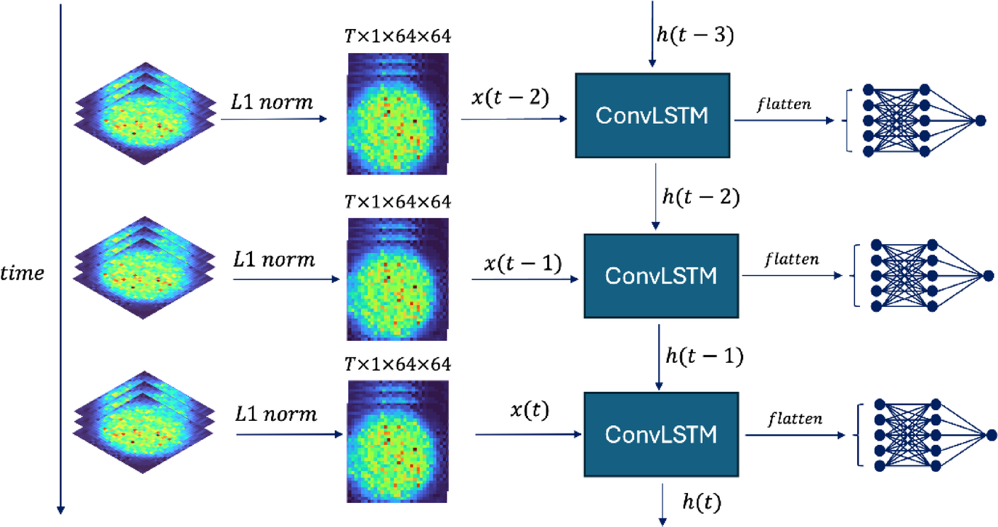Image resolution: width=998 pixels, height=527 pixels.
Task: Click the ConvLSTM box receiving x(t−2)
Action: tap(652, 115)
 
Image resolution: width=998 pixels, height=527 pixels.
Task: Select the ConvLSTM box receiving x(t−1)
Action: tap(659, 275)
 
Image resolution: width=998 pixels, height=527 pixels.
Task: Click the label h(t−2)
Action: tap(700, 198)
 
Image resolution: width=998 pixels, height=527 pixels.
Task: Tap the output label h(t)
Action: tap(701, 502)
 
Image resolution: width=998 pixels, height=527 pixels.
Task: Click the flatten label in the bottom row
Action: tap(794, 419)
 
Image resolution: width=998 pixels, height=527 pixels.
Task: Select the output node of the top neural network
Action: tap(980, 121)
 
